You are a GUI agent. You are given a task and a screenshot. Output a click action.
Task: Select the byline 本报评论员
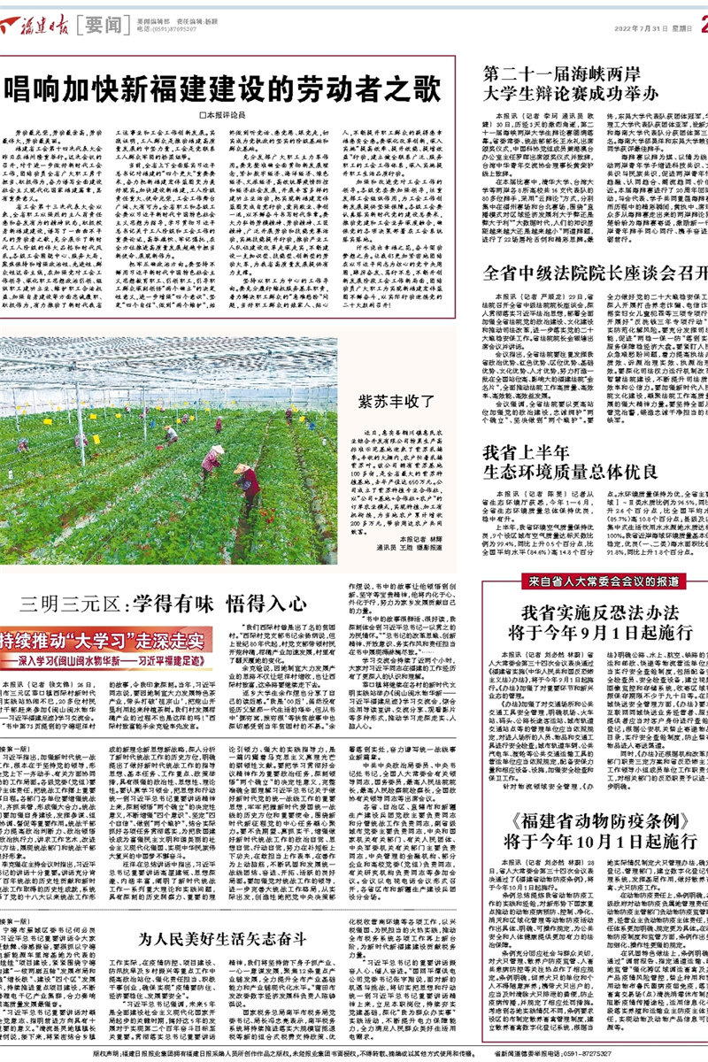[x=221, y=115]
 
